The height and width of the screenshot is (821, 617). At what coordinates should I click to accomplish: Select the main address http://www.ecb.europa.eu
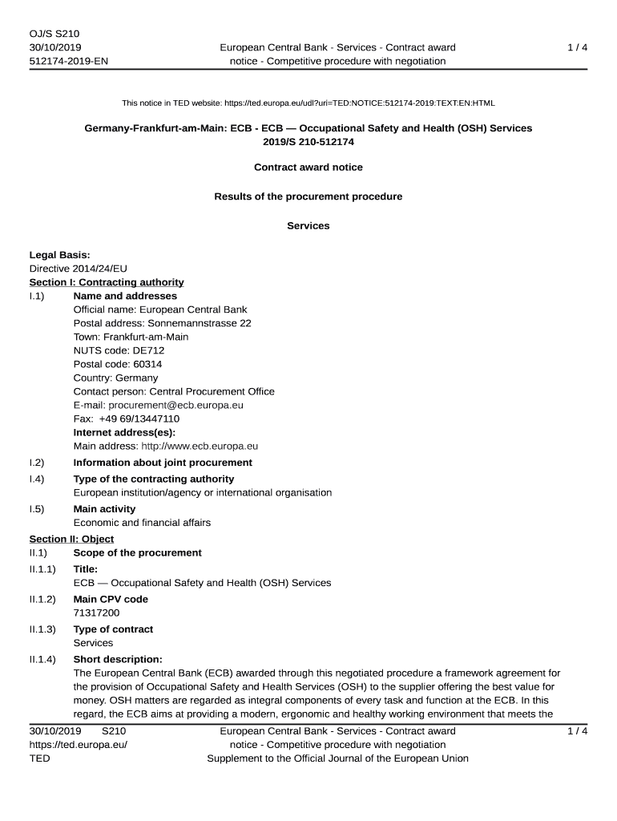pos(200,446)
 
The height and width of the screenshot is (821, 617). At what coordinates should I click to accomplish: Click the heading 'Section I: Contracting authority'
pos(107,282)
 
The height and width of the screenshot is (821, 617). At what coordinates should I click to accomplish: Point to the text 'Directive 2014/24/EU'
pos(78,269)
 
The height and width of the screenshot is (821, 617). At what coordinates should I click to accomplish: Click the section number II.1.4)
pos(42,659)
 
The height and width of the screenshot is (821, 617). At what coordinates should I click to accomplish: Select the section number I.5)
pos(37,509)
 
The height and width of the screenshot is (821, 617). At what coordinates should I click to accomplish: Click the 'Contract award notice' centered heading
pos(308,168)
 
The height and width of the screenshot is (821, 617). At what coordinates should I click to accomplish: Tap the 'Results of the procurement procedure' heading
pos(308,196)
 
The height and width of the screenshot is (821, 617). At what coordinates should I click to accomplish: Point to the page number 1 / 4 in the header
pos(577,47)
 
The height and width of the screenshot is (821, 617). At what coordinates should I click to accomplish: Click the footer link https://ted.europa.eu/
pos(78,745)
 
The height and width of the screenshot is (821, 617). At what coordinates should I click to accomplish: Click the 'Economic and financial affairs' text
pos(142,523)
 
